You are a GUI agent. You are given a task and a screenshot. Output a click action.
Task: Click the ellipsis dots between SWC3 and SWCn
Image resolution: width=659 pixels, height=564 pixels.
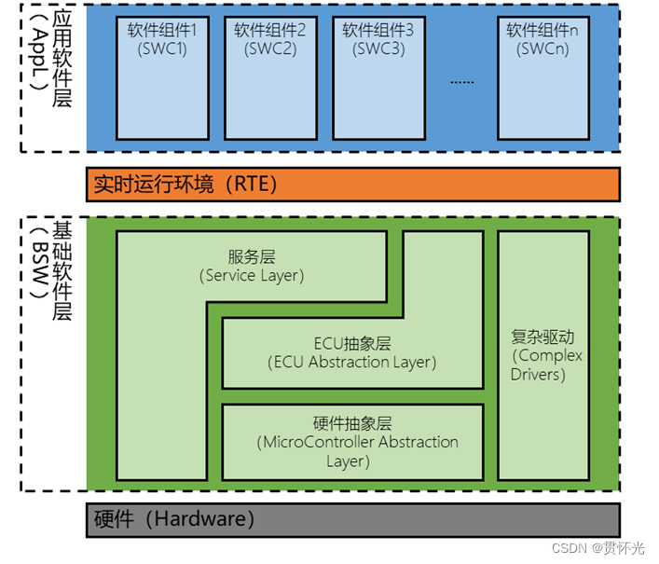coord(461,81)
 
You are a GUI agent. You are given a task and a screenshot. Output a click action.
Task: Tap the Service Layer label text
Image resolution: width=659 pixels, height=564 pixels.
coord(252,276)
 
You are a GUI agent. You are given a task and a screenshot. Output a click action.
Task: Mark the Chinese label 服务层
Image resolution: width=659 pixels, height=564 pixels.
coord(252,257)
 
